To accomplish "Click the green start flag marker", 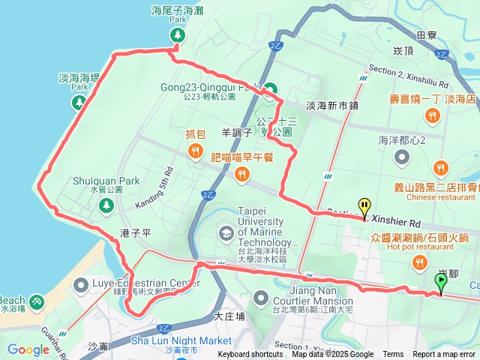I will [440, 281].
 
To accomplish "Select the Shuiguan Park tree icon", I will [103, 206].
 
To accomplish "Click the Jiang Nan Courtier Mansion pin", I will [259, 297].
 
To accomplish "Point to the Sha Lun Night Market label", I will [181, 340].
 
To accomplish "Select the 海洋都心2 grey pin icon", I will [402, 156].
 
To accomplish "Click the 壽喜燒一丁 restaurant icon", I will [432, 115].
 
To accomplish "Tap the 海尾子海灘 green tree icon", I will [177, 35].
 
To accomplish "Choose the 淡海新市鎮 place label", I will [332, 106].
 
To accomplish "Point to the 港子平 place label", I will [136, 234].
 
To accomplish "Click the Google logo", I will [28, 349].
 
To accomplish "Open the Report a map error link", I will [444, 355].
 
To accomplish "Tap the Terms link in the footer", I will [393, 355].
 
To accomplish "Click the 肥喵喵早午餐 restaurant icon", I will [241, 175].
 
